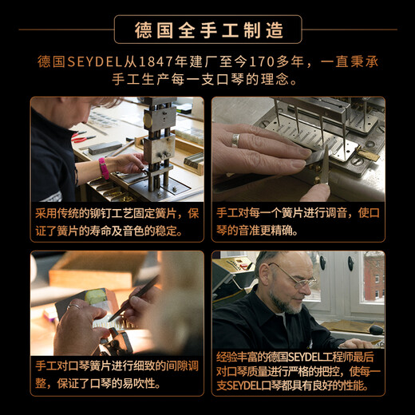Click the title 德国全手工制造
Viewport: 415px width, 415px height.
coord(207,30)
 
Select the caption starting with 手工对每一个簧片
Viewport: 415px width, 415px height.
coord(298,223)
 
